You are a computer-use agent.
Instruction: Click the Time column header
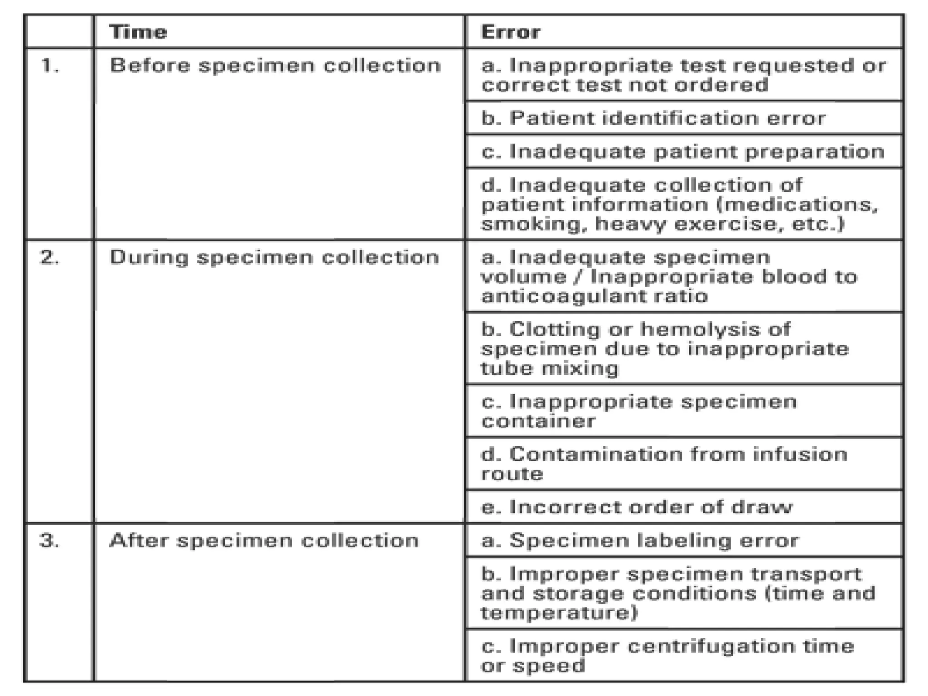coord(138,32)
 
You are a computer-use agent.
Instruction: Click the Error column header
coord(510,32)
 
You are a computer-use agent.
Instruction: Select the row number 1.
coord(50,66)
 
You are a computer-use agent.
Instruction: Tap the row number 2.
coord(50,258)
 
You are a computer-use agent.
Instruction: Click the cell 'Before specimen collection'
coord(275,66)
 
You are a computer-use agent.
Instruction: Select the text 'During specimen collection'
coord(274,258)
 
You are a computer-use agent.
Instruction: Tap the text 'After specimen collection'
coord(264,541)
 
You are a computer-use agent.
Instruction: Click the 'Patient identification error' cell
coord(653,118)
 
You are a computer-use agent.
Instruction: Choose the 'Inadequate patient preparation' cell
coord(682,152)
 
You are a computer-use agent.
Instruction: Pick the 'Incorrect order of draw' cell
coord(637,507)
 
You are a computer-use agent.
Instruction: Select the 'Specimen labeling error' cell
coord(640,541)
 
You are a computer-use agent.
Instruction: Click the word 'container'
coord(538,421)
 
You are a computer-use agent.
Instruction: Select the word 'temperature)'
coord(559,613)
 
